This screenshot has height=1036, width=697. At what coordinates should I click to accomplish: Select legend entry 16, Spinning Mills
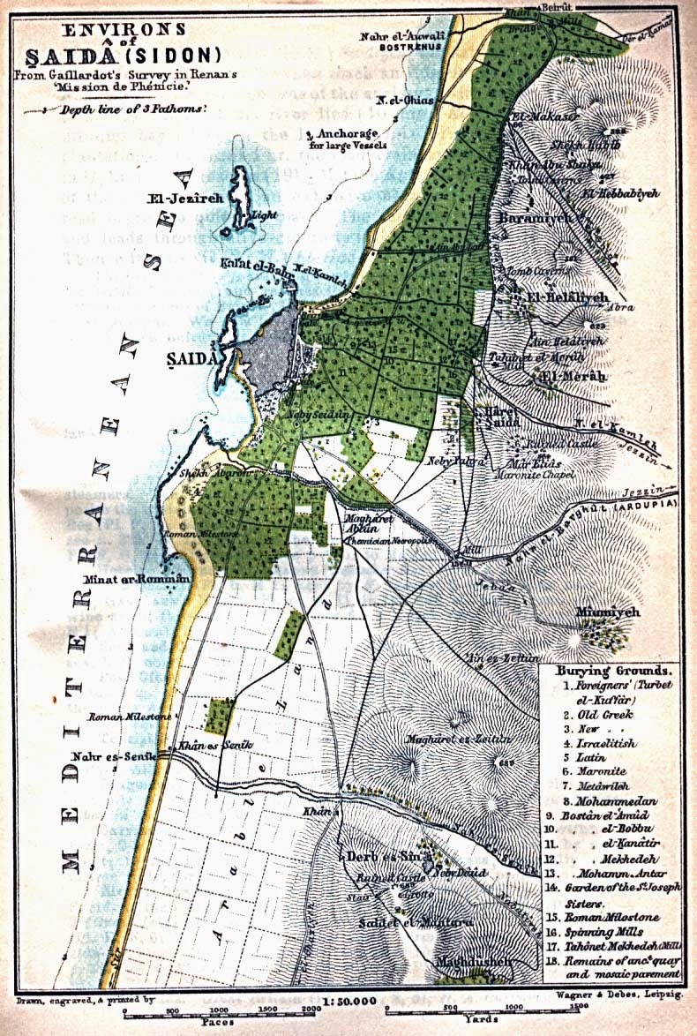pyautogui.click(x=609, y=930)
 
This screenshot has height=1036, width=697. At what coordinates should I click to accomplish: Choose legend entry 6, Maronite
pyautogui.click(x=605, y=772)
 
